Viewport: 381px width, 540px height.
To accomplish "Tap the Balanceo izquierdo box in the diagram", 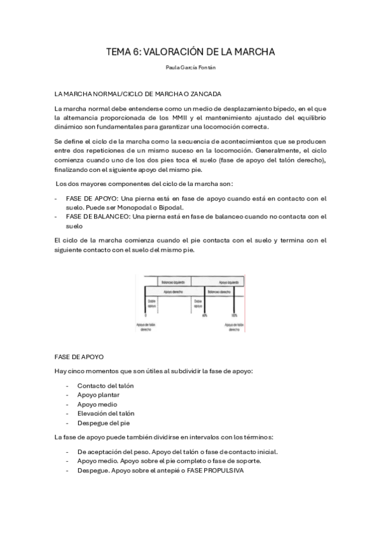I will (x=168, y=281).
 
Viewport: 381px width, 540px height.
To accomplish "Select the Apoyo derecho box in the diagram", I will (x=168, y=290).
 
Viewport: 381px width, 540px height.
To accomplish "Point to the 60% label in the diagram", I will (x=205, y=315).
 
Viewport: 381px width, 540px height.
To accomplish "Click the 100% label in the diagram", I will (x=234, y=315).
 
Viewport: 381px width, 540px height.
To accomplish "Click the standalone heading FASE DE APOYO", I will (x=80, y=357).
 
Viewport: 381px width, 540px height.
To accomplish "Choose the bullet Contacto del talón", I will (x=105, y=385).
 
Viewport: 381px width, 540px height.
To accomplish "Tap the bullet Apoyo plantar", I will (x=98, y=395).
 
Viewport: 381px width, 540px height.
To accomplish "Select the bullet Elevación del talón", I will (x=106, y=413).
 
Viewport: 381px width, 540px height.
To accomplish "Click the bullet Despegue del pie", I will (x=103, y=423).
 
